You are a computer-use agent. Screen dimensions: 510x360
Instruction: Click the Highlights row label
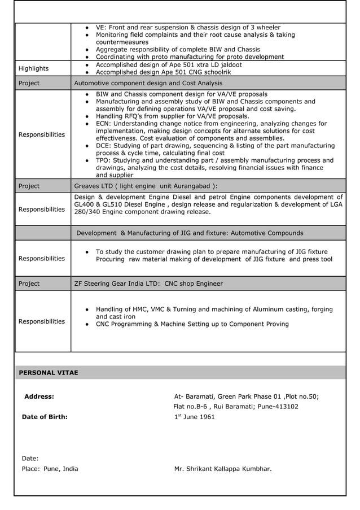pyautogui.click(x=34, y=68)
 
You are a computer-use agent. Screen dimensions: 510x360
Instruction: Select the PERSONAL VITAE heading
pyautogui.click(x=49, y=373)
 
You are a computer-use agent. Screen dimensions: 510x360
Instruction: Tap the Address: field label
pyautogui.click(x=39, y=396)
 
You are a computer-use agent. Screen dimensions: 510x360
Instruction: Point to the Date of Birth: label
pyautogui.click(x=45, y=417)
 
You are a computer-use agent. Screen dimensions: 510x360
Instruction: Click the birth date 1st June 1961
pyautogui.click(x=194, y=417)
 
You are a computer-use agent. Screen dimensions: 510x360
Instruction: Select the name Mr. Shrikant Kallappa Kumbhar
pyautogui.click(x=223, y=469)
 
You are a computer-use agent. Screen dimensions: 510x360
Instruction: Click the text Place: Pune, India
pyautogui.click(x=50, y=469)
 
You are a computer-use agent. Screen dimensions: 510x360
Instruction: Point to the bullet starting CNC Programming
pyautogui.click(x=192, y=324)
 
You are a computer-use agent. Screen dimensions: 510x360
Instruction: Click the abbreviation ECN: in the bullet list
pyautogui.click(x=104, y=124)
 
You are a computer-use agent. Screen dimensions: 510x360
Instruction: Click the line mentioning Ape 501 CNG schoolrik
pyautogui.click(x=163, y=72)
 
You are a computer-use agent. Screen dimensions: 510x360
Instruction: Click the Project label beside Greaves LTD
pyautogui.click(x=29, y=186)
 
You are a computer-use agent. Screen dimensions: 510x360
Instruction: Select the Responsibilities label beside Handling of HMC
pyautogui.click(x=42, y=321)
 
